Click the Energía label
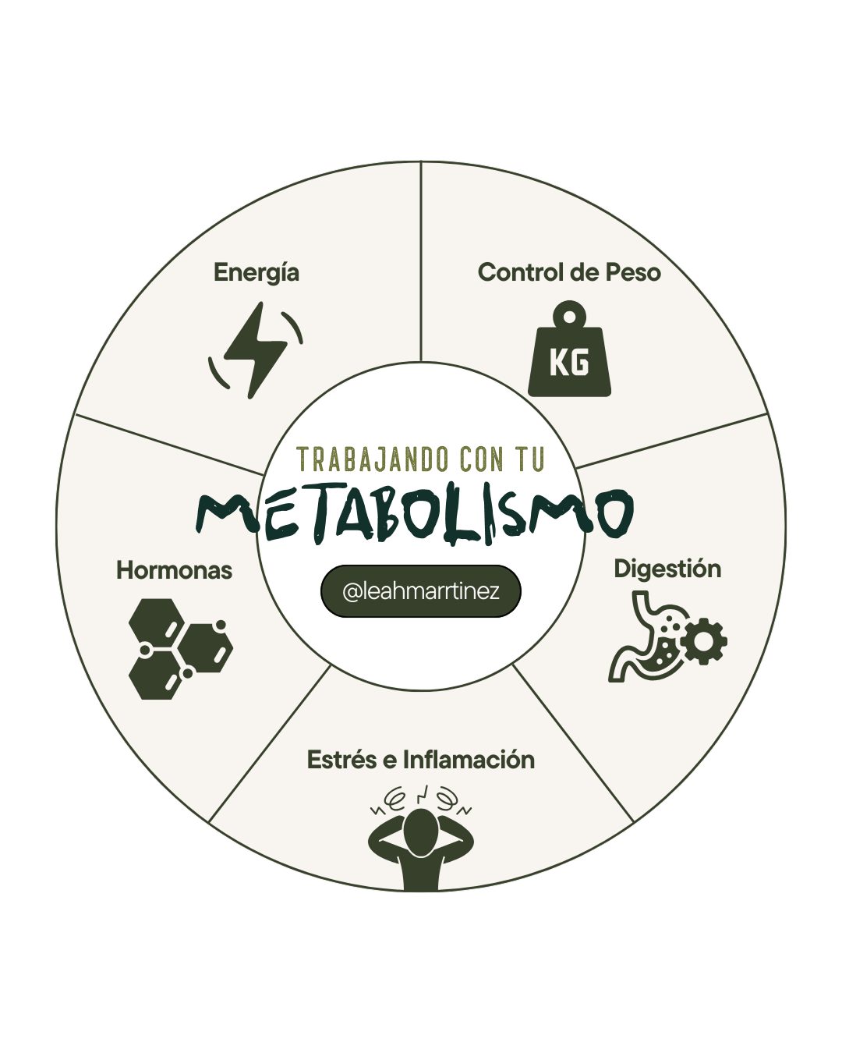[x=256, y=273]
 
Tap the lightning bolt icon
[x=255, y=349]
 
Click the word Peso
[x=633, y=273]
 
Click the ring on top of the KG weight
[x=571, y=316]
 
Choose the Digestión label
[x=667, y=569]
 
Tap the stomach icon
[x=646, y=636]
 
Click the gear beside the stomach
[x=703, y=642]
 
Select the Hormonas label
[x=174, y=570]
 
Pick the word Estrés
[x=341, y=760]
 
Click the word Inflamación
[x=469, y=760]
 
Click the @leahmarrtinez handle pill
[x=420, y=591]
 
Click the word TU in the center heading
[x=528, y=459]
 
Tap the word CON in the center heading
[x=481, y=459]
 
